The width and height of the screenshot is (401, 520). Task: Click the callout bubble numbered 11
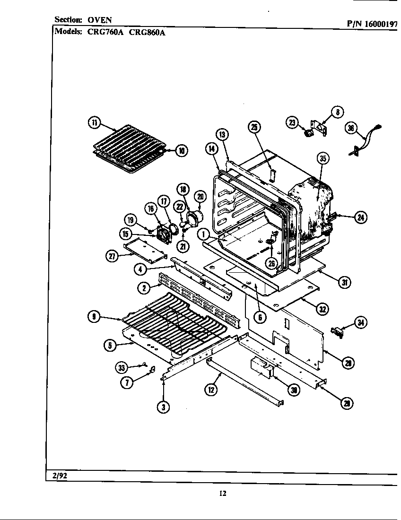(95, 123)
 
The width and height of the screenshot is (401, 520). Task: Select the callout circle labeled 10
(181, 151)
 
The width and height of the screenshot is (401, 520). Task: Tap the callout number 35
(323, 159)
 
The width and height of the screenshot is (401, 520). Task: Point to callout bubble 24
(361, 217)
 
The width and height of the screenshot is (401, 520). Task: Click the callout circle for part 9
(94, 317)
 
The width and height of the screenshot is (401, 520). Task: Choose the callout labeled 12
(211, 390)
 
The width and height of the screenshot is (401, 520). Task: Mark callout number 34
(361, 323)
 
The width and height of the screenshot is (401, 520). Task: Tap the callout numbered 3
(164, 407)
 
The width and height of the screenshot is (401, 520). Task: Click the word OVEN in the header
(100, 20)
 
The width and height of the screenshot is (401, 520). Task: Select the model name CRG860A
(147, 32)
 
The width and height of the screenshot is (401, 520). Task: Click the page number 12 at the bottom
(223, 494)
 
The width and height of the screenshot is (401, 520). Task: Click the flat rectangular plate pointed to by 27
(146, 249)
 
